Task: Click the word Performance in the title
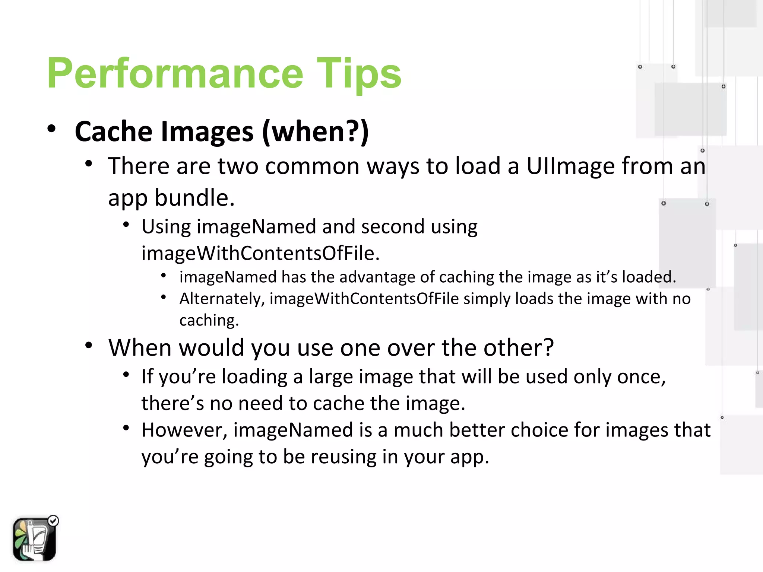pyautogui.click(x=175, y=74)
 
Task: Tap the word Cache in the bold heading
pyautogui.click(x=114, y=132)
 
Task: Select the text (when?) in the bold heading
pyautogui.click(x=315, y=132)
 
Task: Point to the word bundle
pyautogui.click(x=194, y=198)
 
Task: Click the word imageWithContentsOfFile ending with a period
pyautogui.click(x=260, y=254)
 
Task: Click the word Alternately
pyautogui.click(x=222, y=299)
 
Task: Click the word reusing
pyautogui.click(x=343, y=457)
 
